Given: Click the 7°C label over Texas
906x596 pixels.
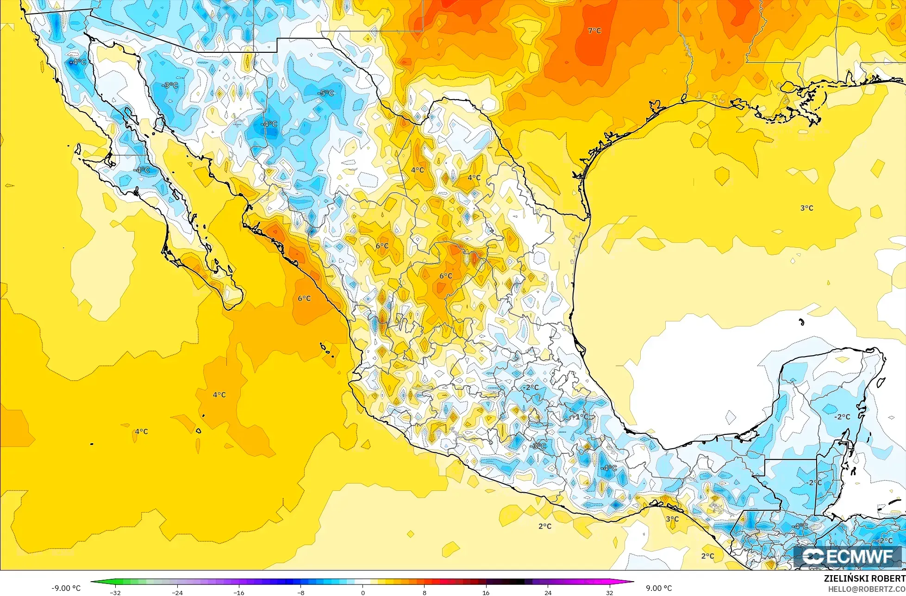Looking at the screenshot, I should click(594, 31).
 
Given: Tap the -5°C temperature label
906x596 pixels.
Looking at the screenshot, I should click(326, 93).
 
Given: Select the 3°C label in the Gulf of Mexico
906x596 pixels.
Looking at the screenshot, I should click(806, 208).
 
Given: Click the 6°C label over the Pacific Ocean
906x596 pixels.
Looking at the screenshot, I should click(304, 299).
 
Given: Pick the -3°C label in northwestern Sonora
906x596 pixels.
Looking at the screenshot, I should click(170, 86).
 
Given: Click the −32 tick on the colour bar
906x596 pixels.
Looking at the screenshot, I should click(115, 592).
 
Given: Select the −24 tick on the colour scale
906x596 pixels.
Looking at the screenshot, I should click(177, 592).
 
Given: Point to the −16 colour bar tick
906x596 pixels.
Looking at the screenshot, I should click(239, 592).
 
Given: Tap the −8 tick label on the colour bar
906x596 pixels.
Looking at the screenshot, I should click(301, 592).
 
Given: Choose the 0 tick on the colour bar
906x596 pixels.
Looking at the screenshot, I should click(362, 592).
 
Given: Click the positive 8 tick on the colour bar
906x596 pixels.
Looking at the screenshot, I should click(425, 592).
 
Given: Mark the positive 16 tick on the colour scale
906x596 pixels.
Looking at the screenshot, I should click(486, 592).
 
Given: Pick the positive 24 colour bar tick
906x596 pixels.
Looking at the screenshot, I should click(548, 592).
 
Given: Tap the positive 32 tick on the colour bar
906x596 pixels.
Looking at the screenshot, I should click(610, 592).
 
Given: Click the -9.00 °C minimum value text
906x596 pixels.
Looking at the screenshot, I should click(66, 588).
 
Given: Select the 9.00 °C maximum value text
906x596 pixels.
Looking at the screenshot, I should click(659, 588).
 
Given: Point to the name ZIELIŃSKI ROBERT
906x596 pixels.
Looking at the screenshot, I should click(864, 579).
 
